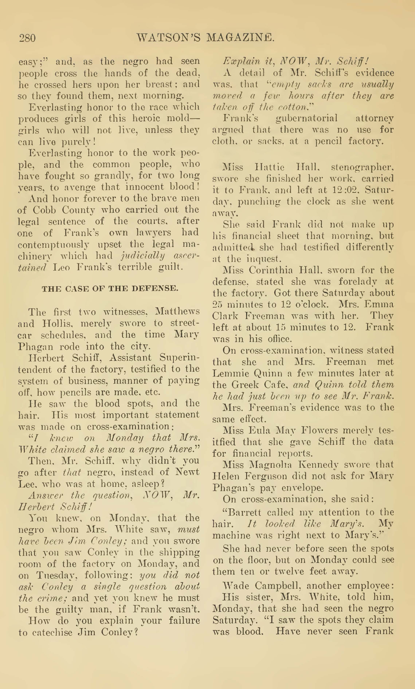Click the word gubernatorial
306,118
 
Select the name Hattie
269,167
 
